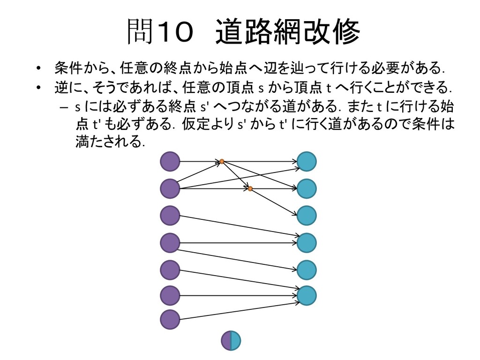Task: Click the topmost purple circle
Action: pos(170,162)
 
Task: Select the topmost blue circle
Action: pos(307,162)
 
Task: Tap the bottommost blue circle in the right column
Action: pos(307,295)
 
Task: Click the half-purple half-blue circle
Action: pos(231,341)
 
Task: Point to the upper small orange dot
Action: pos(222,162)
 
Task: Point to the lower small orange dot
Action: pos(250,188)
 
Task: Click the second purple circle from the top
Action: pos(170,188)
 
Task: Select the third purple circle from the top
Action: pos(170,215)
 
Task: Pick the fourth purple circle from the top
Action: pos(170,242)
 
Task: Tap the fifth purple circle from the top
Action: pos(170,270)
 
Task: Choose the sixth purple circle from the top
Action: pos(170,295)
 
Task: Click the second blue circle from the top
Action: pos(307,188)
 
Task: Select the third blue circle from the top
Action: pos(307,215)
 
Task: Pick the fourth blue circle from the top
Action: pos(307,242)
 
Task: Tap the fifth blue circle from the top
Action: pos(307,270)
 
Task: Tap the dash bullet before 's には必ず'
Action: pos(64,107)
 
